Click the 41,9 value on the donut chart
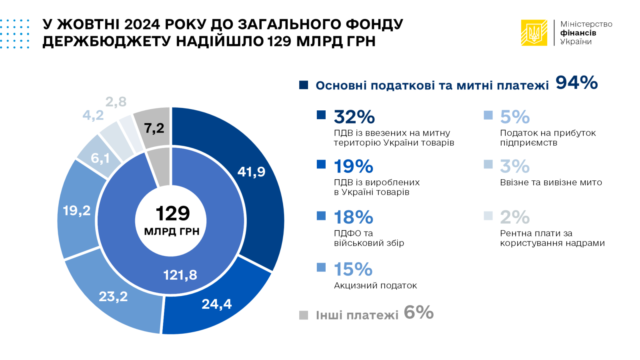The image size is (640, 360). click(x=251, y=172)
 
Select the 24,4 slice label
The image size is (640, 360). click(x=216, y=304)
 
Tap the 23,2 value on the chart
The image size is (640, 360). click(x=113, y=296)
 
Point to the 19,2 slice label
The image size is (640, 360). click(x=76, y=210)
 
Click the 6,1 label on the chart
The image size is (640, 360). click(x=100, y=158)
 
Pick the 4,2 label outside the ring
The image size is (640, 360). click(x=93, y=115)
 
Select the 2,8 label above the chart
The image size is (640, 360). click(x=116, y=102)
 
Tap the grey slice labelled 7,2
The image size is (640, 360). click(x=154, y=128)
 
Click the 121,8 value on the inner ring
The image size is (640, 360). click(x=180, y=275)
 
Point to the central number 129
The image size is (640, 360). click(x=172, y=213)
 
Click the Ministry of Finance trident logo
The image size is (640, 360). click(x=534, y=33)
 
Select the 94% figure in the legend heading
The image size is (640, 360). click(x=576, y=83)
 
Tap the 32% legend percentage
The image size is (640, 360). click(x=354, y=117)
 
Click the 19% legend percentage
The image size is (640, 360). click(x=354, y=166)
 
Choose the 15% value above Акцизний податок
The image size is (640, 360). click(x=353, y=269)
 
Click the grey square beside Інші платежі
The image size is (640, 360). click(x=304, y=315)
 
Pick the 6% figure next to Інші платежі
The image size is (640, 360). click(x=418, y=312)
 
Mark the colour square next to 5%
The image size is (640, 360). click(x=488, y=115)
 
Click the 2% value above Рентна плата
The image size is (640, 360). click(x=515, y=217)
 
